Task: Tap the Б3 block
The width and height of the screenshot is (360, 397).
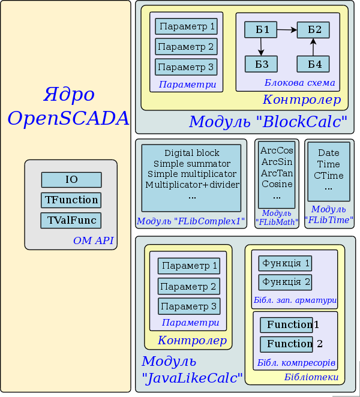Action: pyautogui.click(x=261, y=64)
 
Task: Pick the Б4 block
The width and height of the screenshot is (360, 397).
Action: pyautogui.click(x=313, y=64)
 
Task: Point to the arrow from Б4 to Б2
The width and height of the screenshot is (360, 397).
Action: pyautogui.click(x=313, y=47)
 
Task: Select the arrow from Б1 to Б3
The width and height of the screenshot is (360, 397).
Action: pyautogui.click(x=261, y=47)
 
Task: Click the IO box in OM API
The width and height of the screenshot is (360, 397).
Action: pyautogui.click(x=71, y=179)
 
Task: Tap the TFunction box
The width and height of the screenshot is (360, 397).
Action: pyautogui.click(x=71, y=200)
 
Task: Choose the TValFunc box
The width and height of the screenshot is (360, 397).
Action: pyautogui.click(x=71, y=220)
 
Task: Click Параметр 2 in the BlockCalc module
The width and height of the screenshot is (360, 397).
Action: pyautogui.click(x=186, y=47)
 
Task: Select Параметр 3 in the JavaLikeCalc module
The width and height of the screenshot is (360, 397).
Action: pyautogui.click(x=189, y=306)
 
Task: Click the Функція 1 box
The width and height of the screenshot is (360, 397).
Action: pyautogui.click(x=285, y=263)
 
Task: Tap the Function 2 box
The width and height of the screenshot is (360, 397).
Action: pyautogui.click(x=287, y=344)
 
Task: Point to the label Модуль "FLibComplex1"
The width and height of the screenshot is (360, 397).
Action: pyautogui.click(x=191, y=221)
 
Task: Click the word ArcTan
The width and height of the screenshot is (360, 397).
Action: pyautogui.click(x=277, y=173)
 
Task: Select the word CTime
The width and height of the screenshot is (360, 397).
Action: pyautogui.click(x=328, y=175)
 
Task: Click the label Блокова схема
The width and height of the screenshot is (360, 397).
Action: pyautogui.click(x=299, y=83)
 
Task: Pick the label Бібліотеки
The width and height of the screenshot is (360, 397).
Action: pyautogui.click(x=311, y=377)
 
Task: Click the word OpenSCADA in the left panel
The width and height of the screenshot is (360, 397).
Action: pyautogui.click(x=68, y=118)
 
